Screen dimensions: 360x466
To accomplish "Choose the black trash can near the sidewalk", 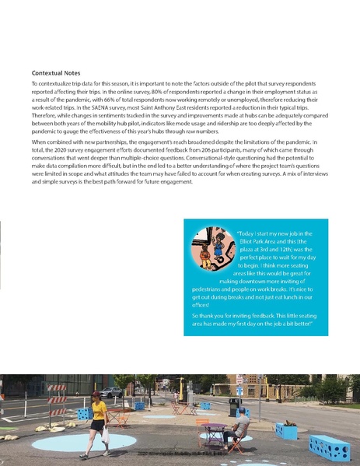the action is pos(234,405).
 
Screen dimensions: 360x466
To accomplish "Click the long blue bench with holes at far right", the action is pos(330,447).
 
